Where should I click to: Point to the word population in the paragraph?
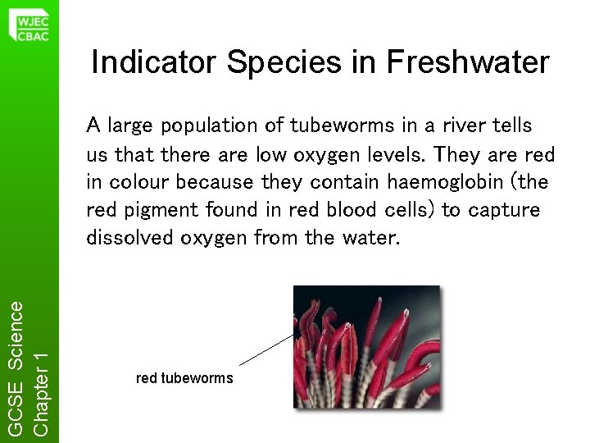[x=207, y=126]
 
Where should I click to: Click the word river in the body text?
[x=447, y=126]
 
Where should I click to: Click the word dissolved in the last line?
[x=125, y=238]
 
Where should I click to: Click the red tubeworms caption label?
[x=184, y=378]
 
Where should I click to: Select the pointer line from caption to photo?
[x=267, y=349]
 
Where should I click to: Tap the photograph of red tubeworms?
[x=366, y=347]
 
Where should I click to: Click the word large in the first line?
[x=129, y=126]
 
